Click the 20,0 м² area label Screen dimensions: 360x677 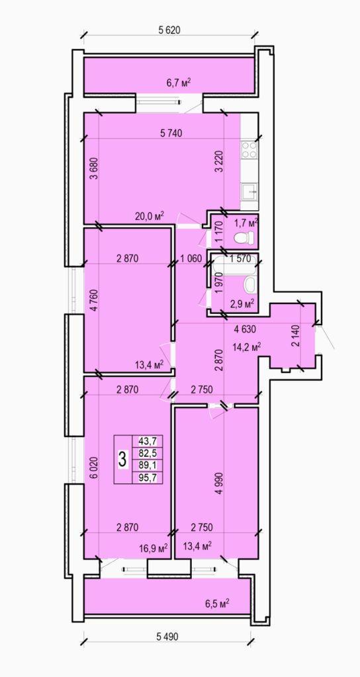pos(151,216)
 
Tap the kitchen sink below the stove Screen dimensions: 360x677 pos(249,191)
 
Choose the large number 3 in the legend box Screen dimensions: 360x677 pos(122,459)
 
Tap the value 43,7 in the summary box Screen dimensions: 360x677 pos(148,441)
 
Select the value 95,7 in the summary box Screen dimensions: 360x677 pos(148,477)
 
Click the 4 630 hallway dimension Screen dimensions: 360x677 pos(246,329)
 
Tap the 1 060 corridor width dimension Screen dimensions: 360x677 pos(191,259)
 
